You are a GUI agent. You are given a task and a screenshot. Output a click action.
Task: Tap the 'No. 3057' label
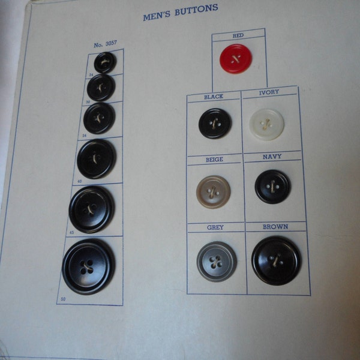[106, 45]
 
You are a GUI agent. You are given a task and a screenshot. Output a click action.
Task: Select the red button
[236, 58]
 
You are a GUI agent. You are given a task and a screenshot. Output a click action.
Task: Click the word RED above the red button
[238, 36]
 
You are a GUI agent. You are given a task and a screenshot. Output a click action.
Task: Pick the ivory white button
[266, 124]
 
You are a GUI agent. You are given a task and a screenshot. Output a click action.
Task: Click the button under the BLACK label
[214, 124]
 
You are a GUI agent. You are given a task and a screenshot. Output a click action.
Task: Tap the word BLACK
[213, 97]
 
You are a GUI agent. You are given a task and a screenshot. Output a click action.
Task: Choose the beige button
[213, 190]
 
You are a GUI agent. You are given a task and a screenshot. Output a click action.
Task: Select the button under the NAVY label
[272, 187]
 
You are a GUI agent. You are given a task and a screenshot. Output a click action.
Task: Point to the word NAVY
[272, 157]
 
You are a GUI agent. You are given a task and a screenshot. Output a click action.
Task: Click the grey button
[216, 261]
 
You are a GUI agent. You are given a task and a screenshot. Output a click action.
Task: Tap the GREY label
[215, 228]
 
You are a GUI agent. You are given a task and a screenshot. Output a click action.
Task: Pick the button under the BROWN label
[276, 260]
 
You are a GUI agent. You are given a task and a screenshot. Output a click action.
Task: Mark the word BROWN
[275, 227]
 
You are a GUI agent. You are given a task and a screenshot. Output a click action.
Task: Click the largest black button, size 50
[89, 266]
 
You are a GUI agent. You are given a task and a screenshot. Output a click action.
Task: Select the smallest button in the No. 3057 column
[105, 62]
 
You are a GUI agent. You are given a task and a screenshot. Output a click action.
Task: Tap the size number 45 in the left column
[72, 232]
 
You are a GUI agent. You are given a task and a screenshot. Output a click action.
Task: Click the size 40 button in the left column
[97, 159]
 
